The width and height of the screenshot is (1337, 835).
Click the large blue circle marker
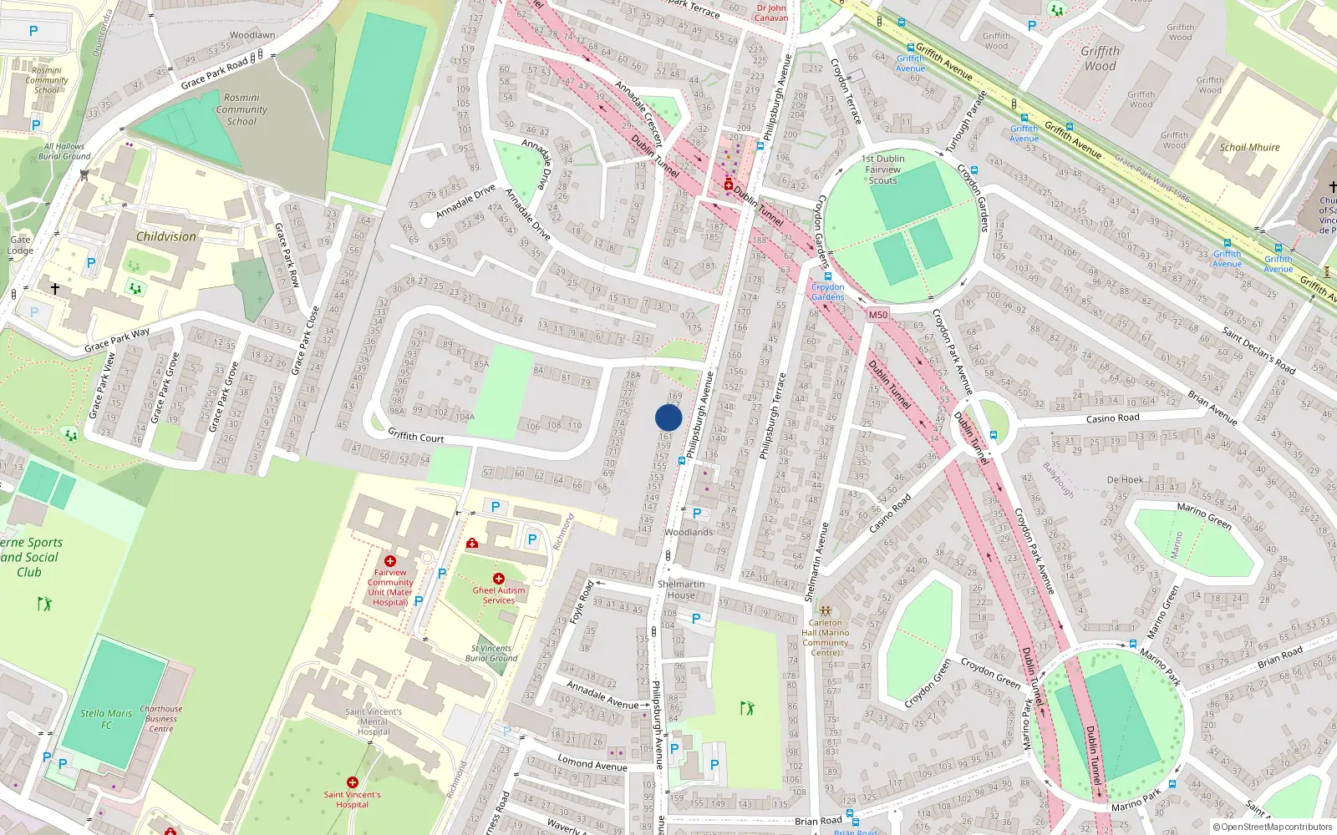coord(668,417)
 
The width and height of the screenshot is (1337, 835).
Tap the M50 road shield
coord(877,315)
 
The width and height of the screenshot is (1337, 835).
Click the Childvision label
coord(166,236)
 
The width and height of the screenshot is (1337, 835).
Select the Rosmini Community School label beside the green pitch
coord(241,109)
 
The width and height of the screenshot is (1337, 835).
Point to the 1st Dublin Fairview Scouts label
coord(883,170)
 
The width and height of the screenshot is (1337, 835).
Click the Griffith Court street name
coord(416,437)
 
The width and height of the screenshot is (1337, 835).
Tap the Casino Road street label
coord(1112,418)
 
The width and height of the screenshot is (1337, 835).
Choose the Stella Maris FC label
coord(106,719)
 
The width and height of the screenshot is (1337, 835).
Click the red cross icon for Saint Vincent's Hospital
coord(353,782)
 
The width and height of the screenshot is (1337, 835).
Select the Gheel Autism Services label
coord(499,595)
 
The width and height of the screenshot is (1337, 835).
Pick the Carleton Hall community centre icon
coord(826,611)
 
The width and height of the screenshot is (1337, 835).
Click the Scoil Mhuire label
coord(1249,148)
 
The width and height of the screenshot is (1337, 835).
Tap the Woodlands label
coord(689,532)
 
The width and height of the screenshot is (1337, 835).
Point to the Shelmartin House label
coord(681,590)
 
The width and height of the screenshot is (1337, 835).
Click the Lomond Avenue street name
coord(592,764)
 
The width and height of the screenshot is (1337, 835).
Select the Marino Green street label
coord(1204,516)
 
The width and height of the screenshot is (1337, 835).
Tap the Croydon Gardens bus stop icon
coord(828,276)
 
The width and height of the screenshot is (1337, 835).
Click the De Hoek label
coord(1125,480)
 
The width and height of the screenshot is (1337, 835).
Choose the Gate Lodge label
coord(20,245)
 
